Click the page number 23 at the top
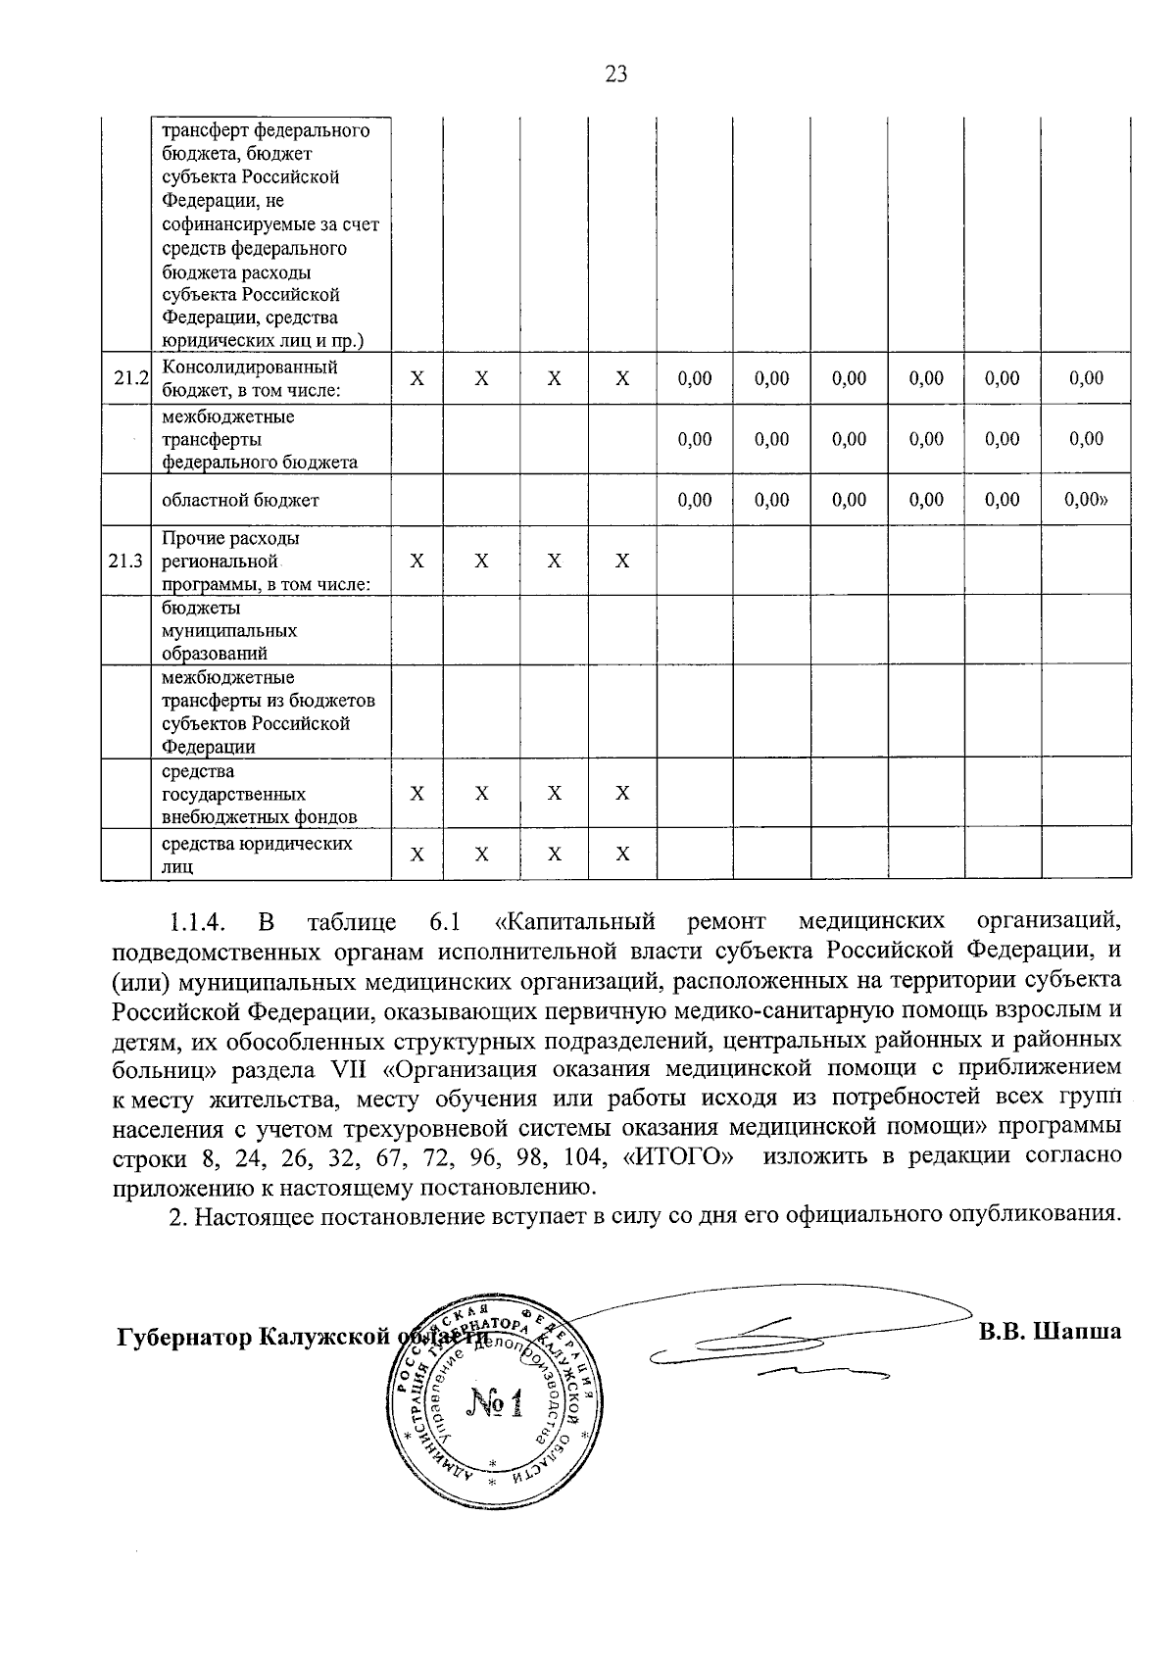coord(616,74)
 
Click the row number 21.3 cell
coord(126,562)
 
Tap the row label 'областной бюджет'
coord(240,501)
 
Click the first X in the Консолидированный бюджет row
coord(416,379)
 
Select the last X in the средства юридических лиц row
coord(621,855)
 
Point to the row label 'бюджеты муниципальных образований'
coord(229,631)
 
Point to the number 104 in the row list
coord(583,1156)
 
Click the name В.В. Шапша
coord(1049,1333)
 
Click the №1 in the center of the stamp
coord(496,1406)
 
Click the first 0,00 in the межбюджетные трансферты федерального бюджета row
coord(694,439)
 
